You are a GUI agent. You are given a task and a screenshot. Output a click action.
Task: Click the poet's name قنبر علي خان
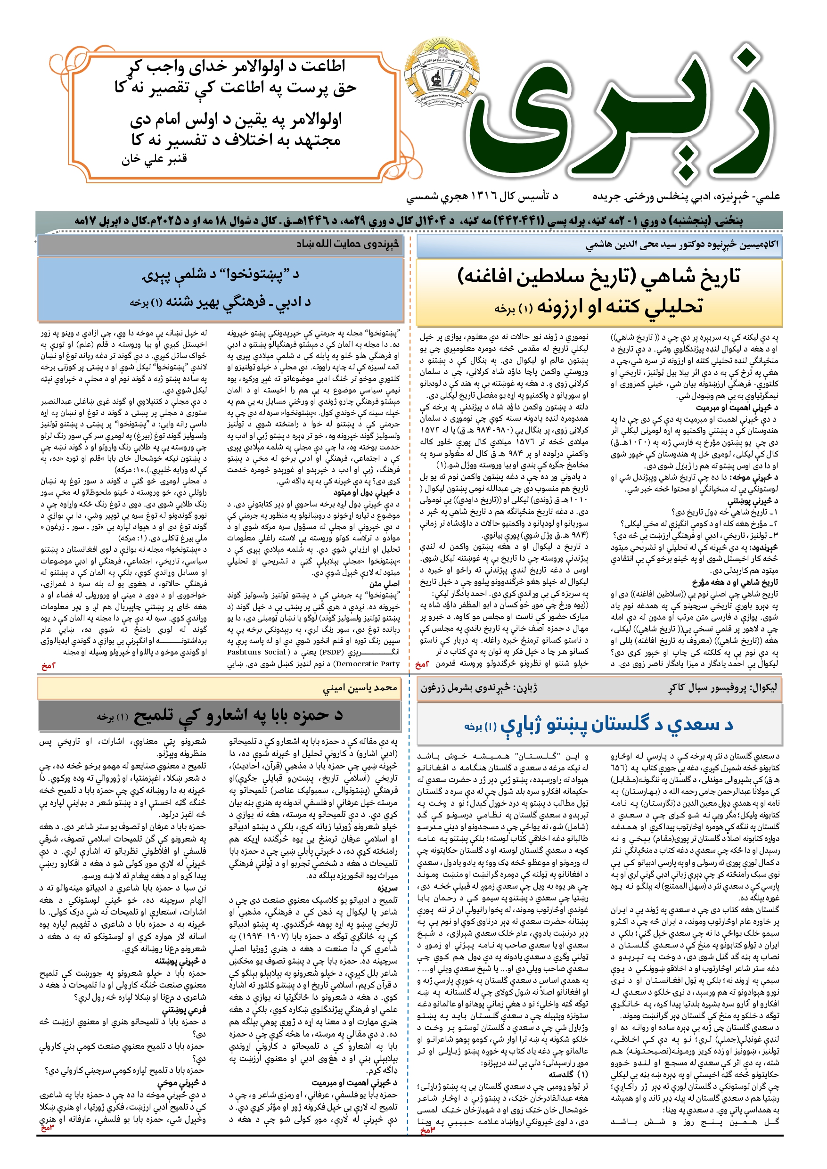coord(154,159)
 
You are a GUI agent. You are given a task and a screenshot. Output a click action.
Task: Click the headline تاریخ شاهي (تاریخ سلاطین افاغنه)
coord(598,277)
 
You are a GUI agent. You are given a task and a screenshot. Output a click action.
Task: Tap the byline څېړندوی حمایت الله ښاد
coord(347,244)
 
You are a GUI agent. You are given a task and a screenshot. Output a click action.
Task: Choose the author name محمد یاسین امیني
coord(360,688)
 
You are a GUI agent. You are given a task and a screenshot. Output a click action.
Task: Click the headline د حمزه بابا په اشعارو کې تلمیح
coord(238,716)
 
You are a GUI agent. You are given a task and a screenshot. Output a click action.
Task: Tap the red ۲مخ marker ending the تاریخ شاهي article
coord(422,665)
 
